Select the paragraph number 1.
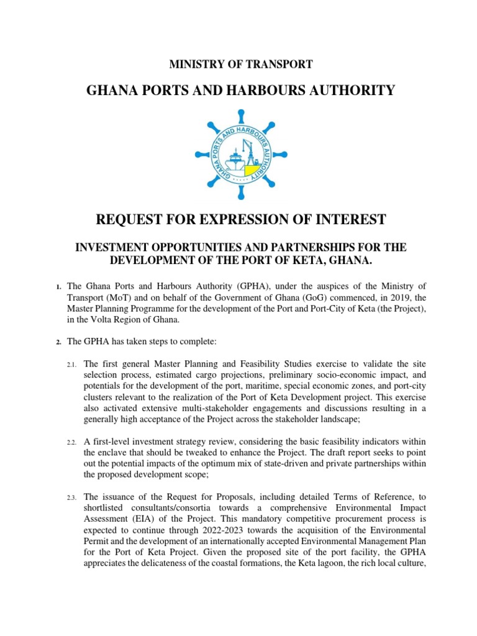coord(57,286)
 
